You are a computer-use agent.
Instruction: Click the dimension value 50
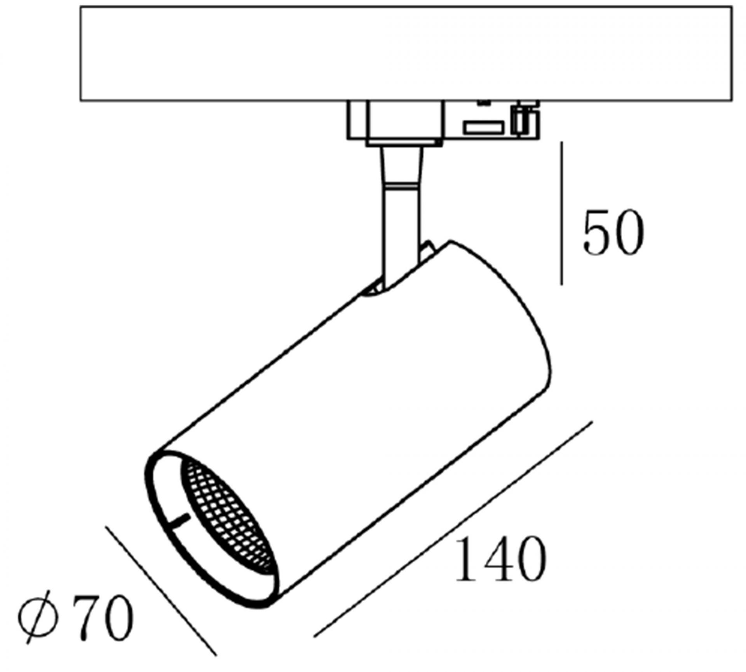pyautogui.click(x=613, y=233)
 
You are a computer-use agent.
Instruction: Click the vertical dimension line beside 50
pyautogui.click(x=561, y=214)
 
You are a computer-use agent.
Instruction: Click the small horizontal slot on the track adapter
pyautogui.click(x=483, y=127)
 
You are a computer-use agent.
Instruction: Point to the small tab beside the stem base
pyautogui.click(x=427, y=249)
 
